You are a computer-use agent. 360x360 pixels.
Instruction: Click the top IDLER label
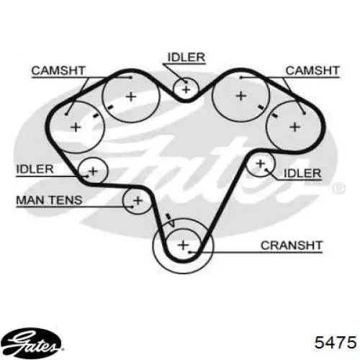186,57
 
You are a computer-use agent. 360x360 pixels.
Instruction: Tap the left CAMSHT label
58,71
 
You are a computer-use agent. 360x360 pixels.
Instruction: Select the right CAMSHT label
312,71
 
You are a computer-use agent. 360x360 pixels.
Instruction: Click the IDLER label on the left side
35,169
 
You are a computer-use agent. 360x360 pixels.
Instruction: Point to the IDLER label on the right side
302,174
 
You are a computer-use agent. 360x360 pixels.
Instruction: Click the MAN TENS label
49,200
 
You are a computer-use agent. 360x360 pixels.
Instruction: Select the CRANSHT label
292,246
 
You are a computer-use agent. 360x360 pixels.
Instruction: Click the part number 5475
336,342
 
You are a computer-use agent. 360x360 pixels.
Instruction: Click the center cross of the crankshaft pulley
184,246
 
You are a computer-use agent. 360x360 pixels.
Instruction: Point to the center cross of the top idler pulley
186,90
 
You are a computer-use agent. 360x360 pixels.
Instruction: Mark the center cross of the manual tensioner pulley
138,201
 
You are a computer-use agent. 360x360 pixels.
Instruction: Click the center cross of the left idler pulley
94,171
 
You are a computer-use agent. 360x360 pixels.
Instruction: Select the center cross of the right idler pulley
261,164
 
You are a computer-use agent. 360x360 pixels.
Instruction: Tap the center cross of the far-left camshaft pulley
76,127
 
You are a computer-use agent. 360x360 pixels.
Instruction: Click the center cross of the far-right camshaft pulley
295,127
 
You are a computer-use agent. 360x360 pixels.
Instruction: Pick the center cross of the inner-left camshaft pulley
131,96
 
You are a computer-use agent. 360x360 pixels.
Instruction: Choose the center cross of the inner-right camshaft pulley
241,96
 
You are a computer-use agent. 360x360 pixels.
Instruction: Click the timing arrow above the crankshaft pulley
171,220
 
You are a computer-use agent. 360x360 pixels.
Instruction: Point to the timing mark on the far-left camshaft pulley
96,116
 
